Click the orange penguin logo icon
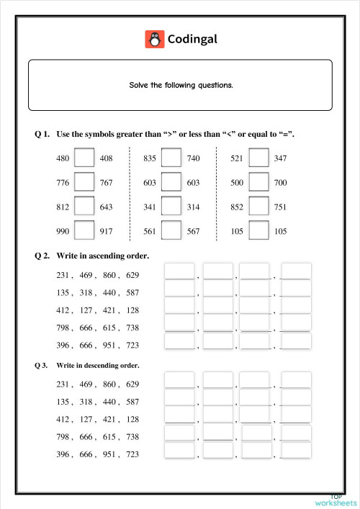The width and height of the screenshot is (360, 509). point(154,39)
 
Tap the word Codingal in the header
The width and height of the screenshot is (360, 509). point(192,39)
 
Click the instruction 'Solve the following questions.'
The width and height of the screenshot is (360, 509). point(181,85)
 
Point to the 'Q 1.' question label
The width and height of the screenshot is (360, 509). point(42,135)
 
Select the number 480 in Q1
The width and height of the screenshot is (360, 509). point(63,158)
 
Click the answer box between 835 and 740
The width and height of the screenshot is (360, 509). point(171,158)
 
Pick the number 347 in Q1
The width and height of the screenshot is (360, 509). point(280,158)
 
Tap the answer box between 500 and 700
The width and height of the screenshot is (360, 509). point(258,182)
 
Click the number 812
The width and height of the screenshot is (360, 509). point(63,207)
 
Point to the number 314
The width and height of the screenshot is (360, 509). point(193,207)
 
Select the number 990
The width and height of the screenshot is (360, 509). point(63,232)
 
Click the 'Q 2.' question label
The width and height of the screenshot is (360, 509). point(42,256)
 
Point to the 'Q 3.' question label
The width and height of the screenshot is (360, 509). point(41,365)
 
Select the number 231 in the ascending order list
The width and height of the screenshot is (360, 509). point(63,275)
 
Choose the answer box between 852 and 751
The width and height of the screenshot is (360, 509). point(258,207)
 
